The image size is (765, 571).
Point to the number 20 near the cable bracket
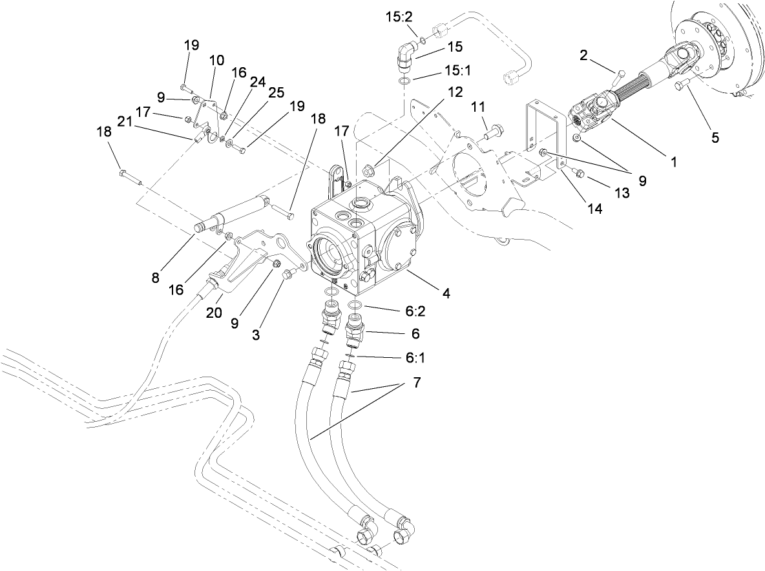point(214,312)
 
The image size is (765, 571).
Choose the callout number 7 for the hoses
point(417,382)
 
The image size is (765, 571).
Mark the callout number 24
point(258,82)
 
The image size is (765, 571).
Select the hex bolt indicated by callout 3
point(288,275)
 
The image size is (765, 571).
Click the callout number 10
point(216,60)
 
